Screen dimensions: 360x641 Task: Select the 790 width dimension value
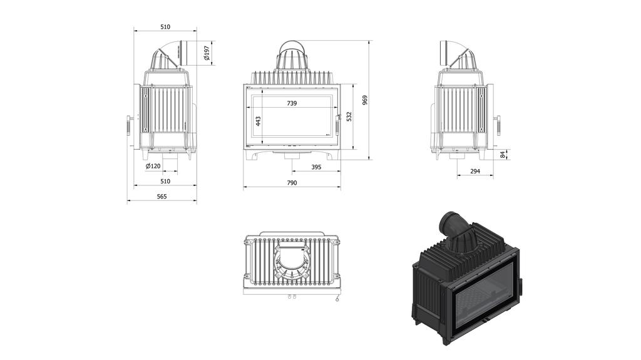click(x=292, y=183)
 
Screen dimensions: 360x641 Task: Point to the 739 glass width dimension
click(x=292, y=103)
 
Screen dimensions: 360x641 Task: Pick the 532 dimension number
click(x=349, y=116)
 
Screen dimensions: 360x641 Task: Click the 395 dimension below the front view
click(x=316, y=167)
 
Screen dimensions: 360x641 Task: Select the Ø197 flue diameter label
click(x=207, y=54)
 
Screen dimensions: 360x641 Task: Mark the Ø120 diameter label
click(x=153, y=167)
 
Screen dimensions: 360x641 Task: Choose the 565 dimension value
click(x=162, y=197)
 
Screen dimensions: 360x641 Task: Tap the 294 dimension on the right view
click(x=475, y=171)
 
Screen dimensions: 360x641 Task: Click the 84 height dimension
click(x=503, y=154)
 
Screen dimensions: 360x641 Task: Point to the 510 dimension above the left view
click(x=165, y=27)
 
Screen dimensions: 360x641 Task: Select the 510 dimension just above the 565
click(x=165, y=181)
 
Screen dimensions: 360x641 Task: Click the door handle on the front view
click(x=338, y=123)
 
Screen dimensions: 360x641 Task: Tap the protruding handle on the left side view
click(x=128, y=124)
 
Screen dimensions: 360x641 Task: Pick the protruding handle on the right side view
click(x=499, y=124)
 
